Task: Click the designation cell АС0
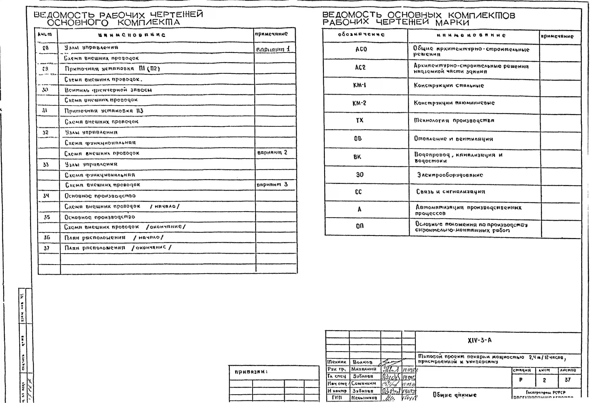tap(361, 49)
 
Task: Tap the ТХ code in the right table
tap(360, 120)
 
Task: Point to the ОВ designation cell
tap(358, 139)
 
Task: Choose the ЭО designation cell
tap(360, 175)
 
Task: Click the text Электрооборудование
tap(450, 175)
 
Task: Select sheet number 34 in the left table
tap(46, 196)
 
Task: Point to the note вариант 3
tap(272, 185)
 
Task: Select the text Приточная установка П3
tap(104, 111)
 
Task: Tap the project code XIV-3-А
tap(480, 340)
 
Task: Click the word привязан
tap(251, 372)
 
